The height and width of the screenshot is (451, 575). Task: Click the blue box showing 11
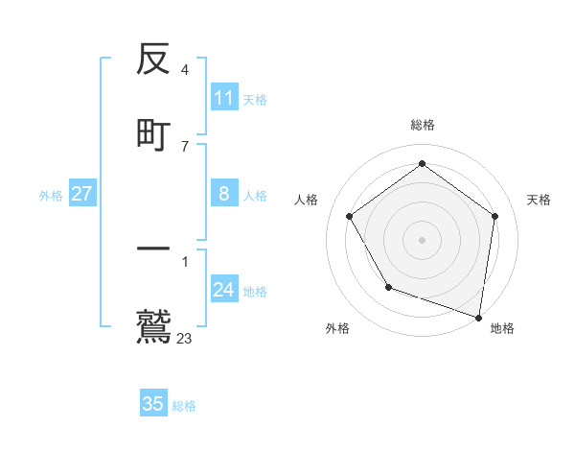tap(224, 98)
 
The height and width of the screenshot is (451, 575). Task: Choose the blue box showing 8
tap(224, 194)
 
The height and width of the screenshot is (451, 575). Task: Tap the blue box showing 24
tap(224, 290)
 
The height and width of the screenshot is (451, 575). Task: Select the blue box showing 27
tap(81, 194)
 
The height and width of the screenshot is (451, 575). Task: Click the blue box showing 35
tap(153, 404)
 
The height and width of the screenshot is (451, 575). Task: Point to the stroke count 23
tap(185, 338)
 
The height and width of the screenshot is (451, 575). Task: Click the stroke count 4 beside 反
tap(185, 70)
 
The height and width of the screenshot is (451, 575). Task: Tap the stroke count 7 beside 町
tap(185, 146)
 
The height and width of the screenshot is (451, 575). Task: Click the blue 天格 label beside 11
tap(255, 99)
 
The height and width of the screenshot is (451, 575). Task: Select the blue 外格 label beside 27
tap(51, 195)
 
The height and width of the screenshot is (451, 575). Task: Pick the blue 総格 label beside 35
tap(184, 405)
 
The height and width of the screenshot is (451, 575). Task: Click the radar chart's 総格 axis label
tap(423, 125)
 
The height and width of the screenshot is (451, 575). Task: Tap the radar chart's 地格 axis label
tap(502, 328)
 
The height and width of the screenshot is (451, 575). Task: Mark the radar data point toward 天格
tap(494, 216)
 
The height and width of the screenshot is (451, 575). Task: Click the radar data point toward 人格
tap(350, 216)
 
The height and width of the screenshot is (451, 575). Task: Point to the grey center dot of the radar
tap(423, 239)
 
